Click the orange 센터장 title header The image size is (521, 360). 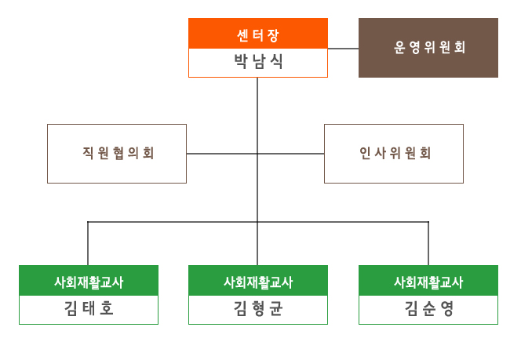tap(258, 34)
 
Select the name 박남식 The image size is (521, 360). tap(258, 61)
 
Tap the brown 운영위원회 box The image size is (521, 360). tap(428, 48)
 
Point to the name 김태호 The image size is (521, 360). tap(89, 308)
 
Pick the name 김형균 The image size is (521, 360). tap(258, 308)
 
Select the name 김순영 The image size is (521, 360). tap(428, 308)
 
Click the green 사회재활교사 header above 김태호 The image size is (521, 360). tap(89, 281)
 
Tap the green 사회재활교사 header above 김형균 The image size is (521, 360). tap(258, 281)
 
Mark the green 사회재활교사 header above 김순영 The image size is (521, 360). tap(428, 281)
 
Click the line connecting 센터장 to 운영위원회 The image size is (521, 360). tap(343, 49)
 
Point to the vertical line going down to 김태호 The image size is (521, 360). tap(88, 243)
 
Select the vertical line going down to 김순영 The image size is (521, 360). tap(428, 243)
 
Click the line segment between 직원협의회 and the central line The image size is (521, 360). tap(221, 154)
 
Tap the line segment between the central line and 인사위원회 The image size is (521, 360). tap(291, 154)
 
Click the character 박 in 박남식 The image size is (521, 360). tap(241, 61)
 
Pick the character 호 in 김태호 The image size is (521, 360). tap(107, 308)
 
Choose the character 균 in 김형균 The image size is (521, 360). tap(276, 308)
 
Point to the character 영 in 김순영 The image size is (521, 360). tap(446, 308)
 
